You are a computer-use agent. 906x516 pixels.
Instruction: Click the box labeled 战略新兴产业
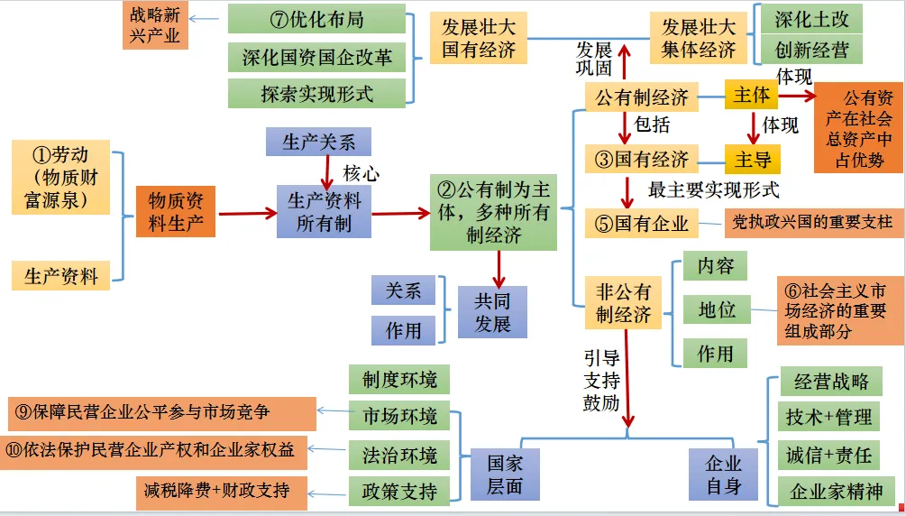pos(155,25)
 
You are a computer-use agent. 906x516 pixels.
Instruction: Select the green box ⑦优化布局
pos(316,19)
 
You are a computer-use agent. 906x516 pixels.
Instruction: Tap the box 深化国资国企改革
pos(316,57)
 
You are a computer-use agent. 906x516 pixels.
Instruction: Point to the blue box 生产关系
pos(318,142)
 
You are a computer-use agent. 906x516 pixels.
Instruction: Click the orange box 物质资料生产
pos(176,212)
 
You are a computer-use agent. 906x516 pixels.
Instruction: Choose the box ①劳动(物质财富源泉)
pos(60,177)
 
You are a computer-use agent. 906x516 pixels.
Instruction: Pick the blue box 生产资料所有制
pos(324,212)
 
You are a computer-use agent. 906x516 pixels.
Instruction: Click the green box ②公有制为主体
pos(493,212)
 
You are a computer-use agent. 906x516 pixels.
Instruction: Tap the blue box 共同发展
pos(492,312)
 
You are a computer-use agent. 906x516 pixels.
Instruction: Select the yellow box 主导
pos(753,159)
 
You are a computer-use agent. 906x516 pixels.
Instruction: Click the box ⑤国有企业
pos(641,224)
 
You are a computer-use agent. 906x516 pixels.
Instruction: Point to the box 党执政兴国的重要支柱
pos(814,223)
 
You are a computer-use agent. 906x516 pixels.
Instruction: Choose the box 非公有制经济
pos(624,302)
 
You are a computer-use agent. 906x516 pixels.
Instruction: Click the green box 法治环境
pos(399,455)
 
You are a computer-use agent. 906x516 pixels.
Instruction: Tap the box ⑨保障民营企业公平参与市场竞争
pos(162,413)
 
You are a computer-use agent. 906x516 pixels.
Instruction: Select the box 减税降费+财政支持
pos(222,493)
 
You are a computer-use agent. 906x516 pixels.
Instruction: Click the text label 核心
pos(361,172)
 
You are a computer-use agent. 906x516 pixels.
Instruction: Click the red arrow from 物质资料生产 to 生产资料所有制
pos(247,214)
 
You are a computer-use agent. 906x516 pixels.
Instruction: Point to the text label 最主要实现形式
pos(714,189)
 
